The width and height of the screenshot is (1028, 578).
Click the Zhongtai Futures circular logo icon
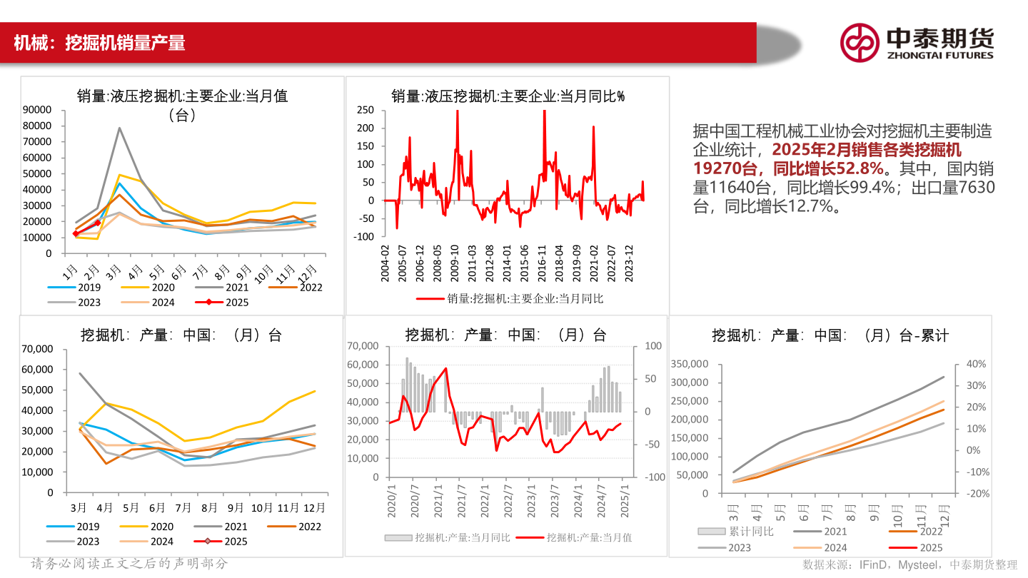tap(859, 42)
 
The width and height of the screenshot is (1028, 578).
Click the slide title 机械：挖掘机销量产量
tap(100, 43)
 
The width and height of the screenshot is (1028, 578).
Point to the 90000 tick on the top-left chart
tap(37, 109)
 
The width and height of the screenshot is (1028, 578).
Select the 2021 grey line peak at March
tap(119, 128)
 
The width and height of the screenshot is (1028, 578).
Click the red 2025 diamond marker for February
tap(98, 223)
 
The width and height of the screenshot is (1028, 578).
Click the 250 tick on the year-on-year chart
tap(366, 109)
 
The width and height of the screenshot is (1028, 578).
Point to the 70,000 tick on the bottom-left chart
tap(38, 349)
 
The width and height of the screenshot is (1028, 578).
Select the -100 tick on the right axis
tap(653, 477)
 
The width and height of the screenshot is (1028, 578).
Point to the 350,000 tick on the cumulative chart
tap(691, 364)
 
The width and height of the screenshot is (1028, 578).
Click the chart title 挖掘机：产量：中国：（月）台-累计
tap(830, 335)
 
